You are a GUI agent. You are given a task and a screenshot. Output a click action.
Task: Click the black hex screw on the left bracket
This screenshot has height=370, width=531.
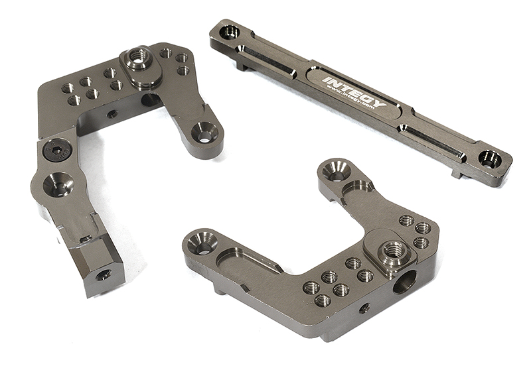point(55,151)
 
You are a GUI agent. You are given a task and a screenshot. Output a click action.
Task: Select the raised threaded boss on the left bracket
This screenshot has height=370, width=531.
point(139,60)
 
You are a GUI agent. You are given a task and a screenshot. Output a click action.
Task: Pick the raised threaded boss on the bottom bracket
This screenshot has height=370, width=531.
point(392,250)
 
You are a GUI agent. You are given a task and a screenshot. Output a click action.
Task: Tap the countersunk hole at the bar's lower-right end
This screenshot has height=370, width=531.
point(490,158)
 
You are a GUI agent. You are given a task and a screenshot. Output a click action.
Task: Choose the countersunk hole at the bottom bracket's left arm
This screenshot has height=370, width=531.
point(202,242)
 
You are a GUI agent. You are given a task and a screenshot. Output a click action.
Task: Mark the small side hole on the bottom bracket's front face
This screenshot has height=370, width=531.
point(364,308)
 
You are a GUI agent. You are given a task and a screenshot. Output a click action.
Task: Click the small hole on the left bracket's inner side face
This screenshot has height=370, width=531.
point(113,114)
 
